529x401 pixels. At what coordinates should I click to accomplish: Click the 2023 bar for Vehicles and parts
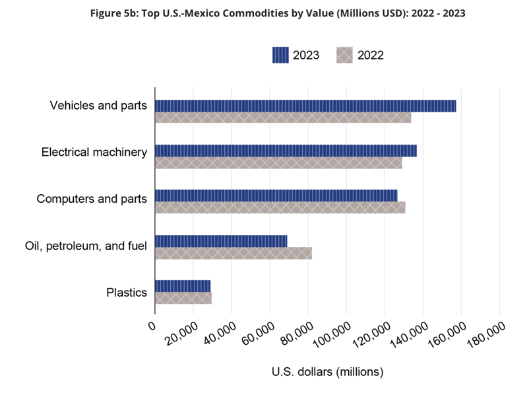click(305, 106)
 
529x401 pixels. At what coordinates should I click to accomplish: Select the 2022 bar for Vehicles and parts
click(283, 118)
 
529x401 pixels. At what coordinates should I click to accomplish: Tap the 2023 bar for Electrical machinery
click(286, 151)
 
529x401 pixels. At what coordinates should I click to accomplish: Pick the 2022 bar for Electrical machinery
click(278, 163)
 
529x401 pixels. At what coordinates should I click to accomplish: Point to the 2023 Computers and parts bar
click(276, 196)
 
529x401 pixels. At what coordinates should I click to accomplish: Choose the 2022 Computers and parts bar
click(280, 207)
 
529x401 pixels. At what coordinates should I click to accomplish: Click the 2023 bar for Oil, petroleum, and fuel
click(221, 240)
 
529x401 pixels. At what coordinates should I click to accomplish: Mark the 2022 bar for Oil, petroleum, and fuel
click(233, 252)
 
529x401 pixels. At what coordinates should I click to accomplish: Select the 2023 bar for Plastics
click(183, 285)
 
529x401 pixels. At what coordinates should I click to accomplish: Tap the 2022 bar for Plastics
click(183, 297)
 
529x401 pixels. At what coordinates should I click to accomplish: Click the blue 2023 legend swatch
click(280, 55)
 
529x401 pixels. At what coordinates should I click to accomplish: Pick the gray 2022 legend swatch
click(344, 55)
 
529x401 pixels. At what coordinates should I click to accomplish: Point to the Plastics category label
click(126, 292)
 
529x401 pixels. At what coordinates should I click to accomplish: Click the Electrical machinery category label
click(94, 153)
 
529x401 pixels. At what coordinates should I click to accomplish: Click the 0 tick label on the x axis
click(152, 326)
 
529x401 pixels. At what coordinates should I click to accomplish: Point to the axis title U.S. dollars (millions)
click(327, 372)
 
